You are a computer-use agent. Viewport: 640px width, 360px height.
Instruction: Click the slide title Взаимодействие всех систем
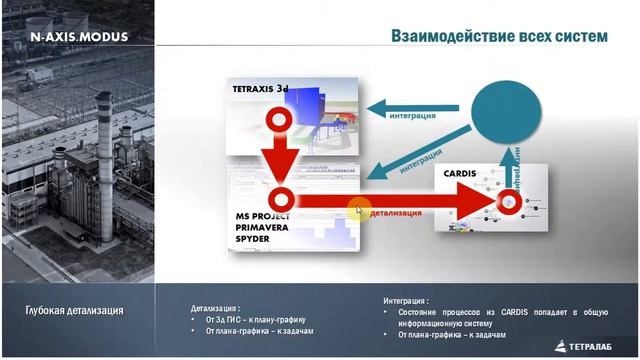499,36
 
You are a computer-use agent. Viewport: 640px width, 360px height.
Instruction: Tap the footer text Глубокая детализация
75,310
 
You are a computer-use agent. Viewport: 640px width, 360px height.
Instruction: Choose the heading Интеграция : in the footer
406,299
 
